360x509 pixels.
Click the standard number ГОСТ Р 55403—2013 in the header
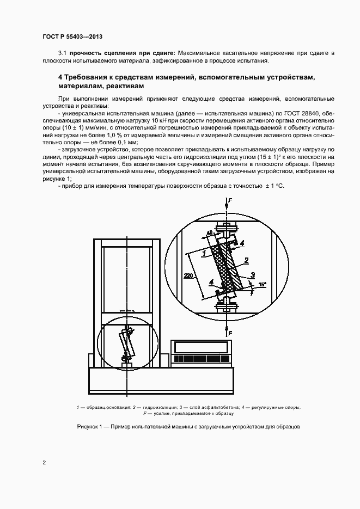coord(72,36)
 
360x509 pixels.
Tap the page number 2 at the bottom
coord(44,463)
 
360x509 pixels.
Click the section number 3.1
coord(62,52)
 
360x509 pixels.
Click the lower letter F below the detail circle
coord(230,332)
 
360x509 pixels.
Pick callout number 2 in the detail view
coord(246,260)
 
